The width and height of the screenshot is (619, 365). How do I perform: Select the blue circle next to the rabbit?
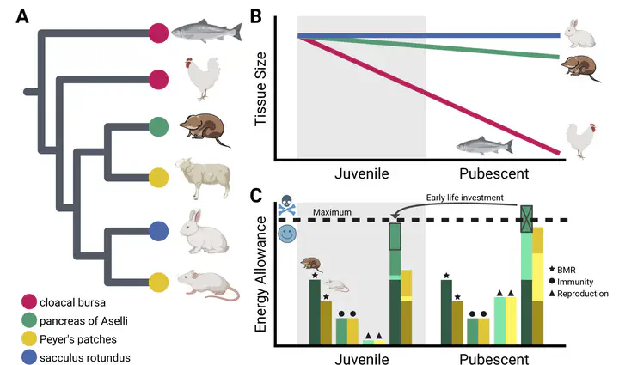click(158, 231)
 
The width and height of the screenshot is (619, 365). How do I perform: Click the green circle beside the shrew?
click(158, 127)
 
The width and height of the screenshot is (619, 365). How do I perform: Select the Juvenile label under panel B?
click(360, 174)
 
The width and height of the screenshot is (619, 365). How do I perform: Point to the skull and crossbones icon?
click(288, 209)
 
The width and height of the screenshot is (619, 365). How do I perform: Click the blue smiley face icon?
click(288, 234)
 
